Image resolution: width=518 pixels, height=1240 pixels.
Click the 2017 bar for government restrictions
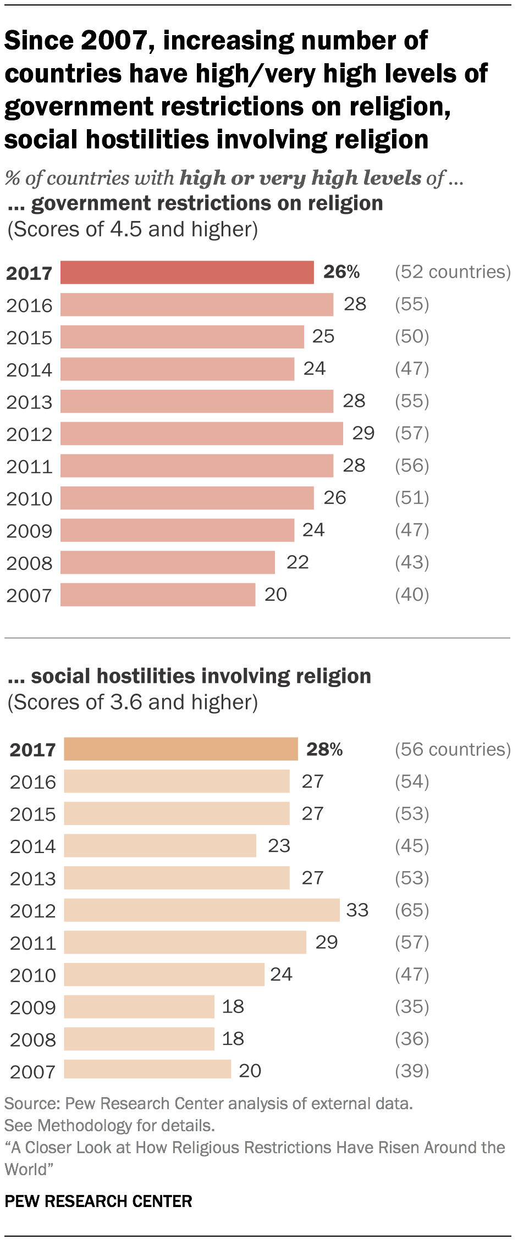pyautogui.click(x=187, y=272)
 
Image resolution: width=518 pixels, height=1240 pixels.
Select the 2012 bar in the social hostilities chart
pyautogui.click(x=201, y=910)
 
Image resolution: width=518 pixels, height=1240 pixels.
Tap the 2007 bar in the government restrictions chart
pyautogui.click(x=158, y=595)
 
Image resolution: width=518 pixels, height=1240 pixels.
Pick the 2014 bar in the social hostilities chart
pyautogui.click(x=159, y=845)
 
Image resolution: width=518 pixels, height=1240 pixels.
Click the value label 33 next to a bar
pyautogui.click(x=357, y=910)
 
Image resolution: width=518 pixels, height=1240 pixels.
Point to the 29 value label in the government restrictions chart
pyautogui.click(x=363, y=433)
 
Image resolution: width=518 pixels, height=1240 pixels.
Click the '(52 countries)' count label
pyautogui.click(x=452, y=272)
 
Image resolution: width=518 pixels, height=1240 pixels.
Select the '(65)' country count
pyautogui.click(x=411, y=910)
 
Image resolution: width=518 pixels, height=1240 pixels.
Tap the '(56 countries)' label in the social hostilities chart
pyautogui.click(x=452, y=749)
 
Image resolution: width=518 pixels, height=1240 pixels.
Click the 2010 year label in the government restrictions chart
pyautogui.click(x=29, y=499)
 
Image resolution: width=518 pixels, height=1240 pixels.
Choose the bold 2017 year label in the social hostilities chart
pyautogui.click(x=32, y=750)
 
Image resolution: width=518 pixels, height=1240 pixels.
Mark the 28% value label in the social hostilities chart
pyautogui.click(x=324, y=749)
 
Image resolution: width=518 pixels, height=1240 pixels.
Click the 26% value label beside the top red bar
pyautogui.click(x=341, y=272)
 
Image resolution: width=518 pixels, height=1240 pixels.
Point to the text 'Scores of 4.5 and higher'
pyautogui.click(x=132, y=229)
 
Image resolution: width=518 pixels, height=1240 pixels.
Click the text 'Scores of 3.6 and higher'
pyautogui.click(x=132, y=702)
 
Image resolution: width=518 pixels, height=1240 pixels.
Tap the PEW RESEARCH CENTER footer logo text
pyautogui.click(x=98, y=1201)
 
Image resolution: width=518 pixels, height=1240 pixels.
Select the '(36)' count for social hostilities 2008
pyautogui.click(x=411, y=1039)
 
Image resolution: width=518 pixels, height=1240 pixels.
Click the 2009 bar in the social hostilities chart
pyautogui.click(x=139, y=1006)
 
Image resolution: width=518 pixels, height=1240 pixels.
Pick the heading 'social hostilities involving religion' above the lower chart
pyautogui.click(x=200, y=676)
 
